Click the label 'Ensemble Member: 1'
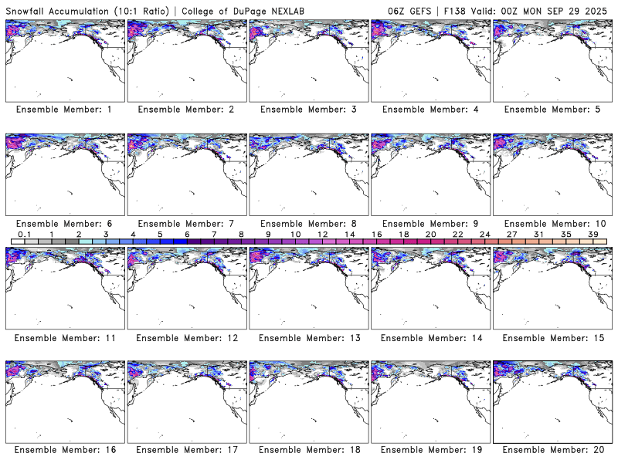(x=64, y=110)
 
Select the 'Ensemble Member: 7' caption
(x=186, y=224)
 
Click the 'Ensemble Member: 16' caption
(x=64, y=450)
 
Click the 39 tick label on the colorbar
(x=593, y=235)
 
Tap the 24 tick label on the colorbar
(x=485, y=235)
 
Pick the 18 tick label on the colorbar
(x=404, y=235)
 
